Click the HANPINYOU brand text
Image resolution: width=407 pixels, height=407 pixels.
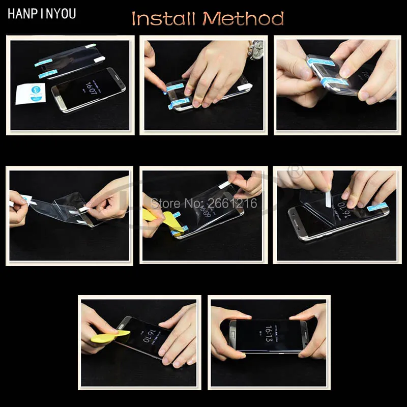point(42,14)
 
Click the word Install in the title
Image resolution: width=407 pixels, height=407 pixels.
point(163,19)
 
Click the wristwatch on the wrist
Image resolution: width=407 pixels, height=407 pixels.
point(256,50)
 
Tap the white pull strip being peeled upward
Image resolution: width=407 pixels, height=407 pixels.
point(325,194)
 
